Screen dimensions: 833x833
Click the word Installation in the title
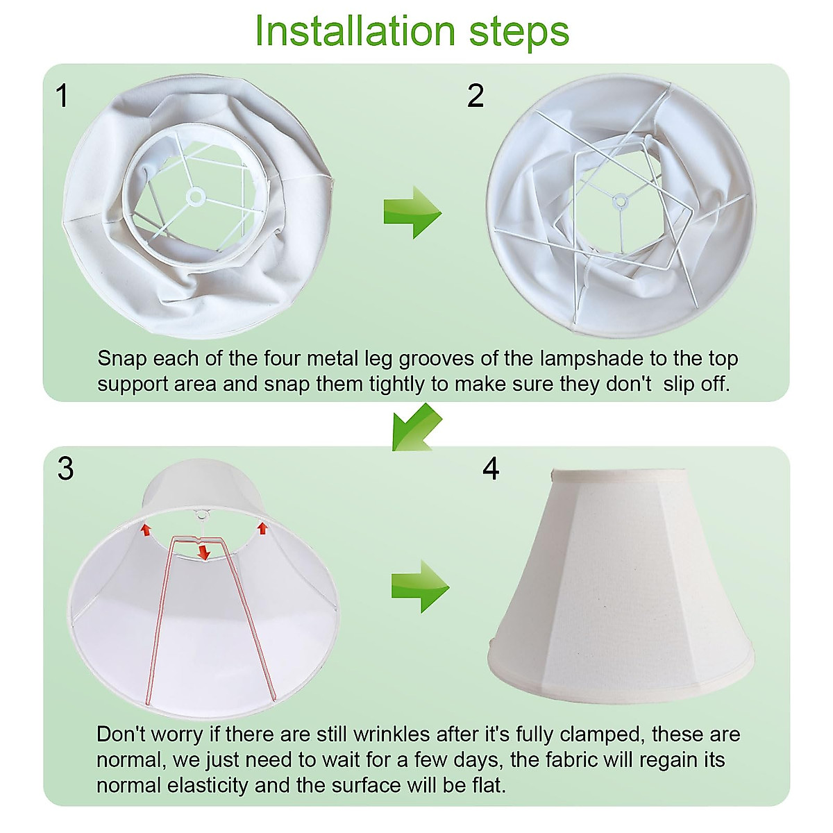(x=355, y=31)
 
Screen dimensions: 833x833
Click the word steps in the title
(x=519, y=33)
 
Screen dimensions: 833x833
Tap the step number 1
(x=62, y=96)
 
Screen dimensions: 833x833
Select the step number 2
(x=476, y=96)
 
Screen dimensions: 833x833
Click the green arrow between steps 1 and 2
(x=412, y=212)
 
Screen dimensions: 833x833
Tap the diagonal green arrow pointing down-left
(x=416, y=428)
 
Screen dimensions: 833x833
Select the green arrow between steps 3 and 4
(x=420, y=587)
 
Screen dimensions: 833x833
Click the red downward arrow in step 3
(x=203, y=553)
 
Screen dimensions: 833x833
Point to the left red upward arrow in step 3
(x=145, y=529)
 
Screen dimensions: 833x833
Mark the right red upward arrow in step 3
(x=262, y=528)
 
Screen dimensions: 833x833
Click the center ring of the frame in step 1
(x=195, y=197)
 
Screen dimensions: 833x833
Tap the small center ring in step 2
(x=621, y=200)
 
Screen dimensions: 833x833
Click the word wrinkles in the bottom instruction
(x=392, y=734)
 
